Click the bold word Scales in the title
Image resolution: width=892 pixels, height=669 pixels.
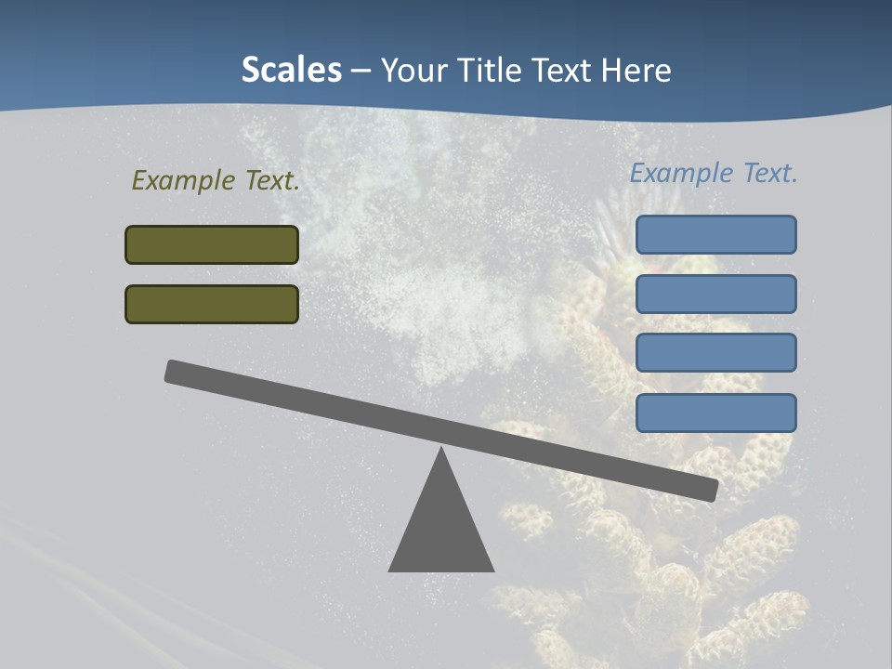(291, 70)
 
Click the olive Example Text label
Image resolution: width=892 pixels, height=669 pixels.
(216, 180)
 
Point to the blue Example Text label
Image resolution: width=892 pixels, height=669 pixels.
(714, 173)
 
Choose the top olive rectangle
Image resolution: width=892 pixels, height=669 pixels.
(212, 244)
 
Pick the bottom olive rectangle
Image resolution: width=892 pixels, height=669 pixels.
(212, 304)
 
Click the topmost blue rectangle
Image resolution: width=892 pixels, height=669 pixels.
(715, 234)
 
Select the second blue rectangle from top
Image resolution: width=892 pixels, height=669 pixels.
(715, 294)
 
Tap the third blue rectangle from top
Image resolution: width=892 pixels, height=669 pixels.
(715, 353)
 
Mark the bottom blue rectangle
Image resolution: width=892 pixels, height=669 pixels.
(715, 413)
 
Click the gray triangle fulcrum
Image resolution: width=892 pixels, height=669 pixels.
(441, 530)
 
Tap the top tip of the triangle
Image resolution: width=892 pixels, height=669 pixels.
(441, 451)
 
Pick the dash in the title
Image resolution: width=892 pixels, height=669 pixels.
(361, 72)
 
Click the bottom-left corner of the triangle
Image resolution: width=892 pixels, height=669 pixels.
(391, 570)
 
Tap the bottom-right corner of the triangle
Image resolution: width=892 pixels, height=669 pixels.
(492, 570)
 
